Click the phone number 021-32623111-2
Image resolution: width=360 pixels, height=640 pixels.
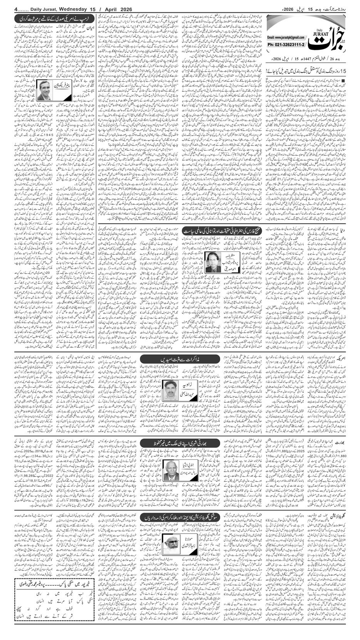[x=286, y=45]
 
